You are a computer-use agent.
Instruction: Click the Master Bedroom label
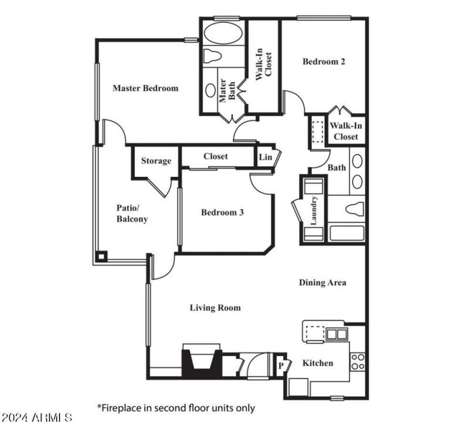145,88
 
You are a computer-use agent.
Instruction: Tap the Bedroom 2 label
324,62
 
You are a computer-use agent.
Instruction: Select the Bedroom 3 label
222,212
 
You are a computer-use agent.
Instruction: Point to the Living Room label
215,308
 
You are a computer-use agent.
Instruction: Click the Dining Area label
322,282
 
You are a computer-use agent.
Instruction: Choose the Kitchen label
317,363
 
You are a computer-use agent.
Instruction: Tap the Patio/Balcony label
132,214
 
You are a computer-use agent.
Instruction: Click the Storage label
156,161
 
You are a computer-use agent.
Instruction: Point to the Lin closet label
265,157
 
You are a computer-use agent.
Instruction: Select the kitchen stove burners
358,362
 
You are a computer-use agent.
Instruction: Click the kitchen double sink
336,334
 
